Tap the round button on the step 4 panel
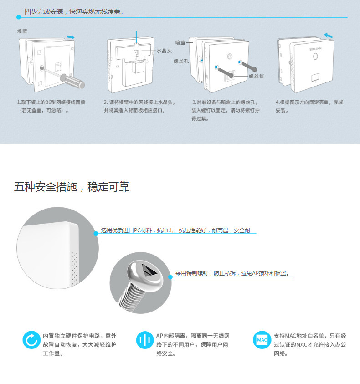pyautogui.click(x=315, y=57)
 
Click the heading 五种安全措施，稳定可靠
pyautogui.click(x=72, y=187)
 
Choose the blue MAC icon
pyautogui.click(x=262, y=340)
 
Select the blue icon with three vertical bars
pyautogui.click(x=145, y=340)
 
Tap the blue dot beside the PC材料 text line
pyautogui.click(x=96, y=233)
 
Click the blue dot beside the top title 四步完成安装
pyautogui.click(x=18, y=17)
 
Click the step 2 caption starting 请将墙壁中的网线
pyautogui.click(x=139, y=106)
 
